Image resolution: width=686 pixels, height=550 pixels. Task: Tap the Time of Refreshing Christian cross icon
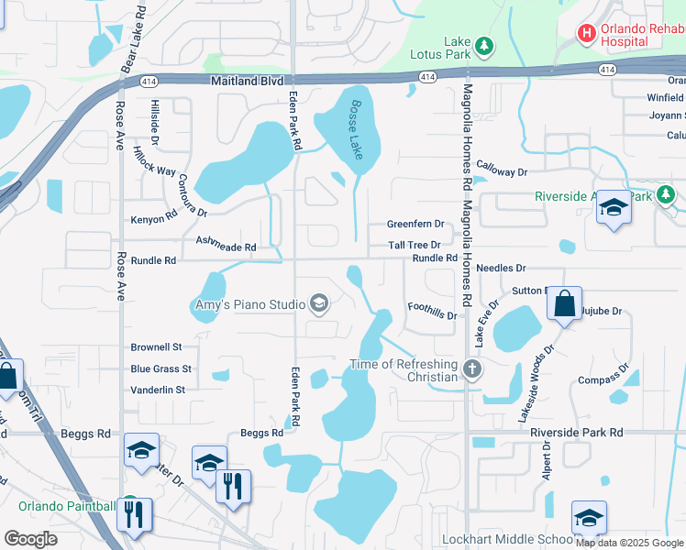point(471,369)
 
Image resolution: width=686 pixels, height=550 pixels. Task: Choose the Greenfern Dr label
point(415,224)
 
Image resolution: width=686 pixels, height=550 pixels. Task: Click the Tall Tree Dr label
point(415,245)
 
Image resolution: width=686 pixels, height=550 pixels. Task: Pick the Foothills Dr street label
point(432,311)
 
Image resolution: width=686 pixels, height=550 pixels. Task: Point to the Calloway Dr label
point(502,171)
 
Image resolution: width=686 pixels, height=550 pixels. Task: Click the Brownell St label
point(157,347)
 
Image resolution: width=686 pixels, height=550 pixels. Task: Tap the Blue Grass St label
point(160,368)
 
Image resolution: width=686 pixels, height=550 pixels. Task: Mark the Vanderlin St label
point(158,390)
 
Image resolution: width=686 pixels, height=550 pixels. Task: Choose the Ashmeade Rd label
point(226,244)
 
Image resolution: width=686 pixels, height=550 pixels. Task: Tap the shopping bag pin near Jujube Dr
point(565,302)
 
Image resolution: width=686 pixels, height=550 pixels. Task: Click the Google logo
point(30,539)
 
